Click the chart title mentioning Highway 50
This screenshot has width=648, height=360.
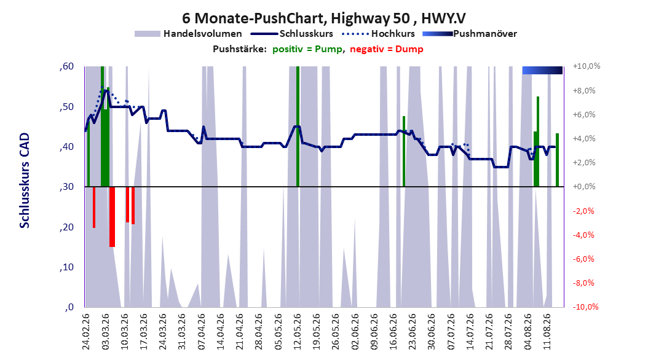coord(323,18)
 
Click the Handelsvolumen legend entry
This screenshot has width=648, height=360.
coord(189,34)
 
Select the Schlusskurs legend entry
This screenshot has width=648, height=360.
coord(292,34)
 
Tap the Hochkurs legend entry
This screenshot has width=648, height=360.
coord(379,34)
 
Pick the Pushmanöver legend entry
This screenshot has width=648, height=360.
coord(470,34)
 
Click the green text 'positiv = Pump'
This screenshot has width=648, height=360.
coord(307,49)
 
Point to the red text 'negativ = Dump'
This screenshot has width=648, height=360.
coord(387,49)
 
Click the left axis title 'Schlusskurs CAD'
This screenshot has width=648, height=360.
coord(25,181)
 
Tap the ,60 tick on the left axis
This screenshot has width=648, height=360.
coord(66,66)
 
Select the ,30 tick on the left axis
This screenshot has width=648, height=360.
coord(66,187)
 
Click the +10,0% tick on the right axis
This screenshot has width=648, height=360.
coord(587,66)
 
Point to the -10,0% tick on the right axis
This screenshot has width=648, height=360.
coord(585,307)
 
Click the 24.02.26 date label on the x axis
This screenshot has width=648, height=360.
coord(86,332)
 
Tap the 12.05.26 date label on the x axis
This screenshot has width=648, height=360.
coord(297,332)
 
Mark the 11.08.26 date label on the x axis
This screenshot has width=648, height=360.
coord(547,332)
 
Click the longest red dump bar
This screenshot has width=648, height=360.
coord(112,217)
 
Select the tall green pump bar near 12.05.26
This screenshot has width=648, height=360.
coord(298,127)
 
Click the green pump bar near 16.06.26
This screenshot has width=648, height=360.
coord(404,152)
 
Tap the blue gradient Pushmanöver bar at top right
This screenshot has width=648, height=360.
coord(542,70)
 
